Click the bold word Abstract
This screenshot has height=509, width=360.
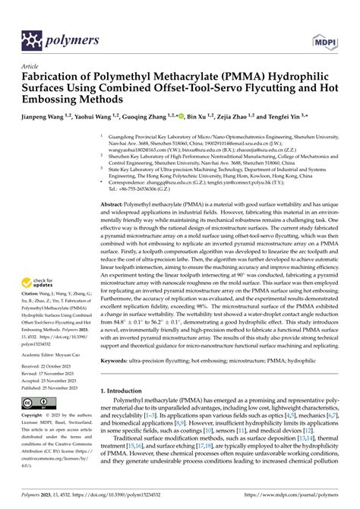tap(115, 206)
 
